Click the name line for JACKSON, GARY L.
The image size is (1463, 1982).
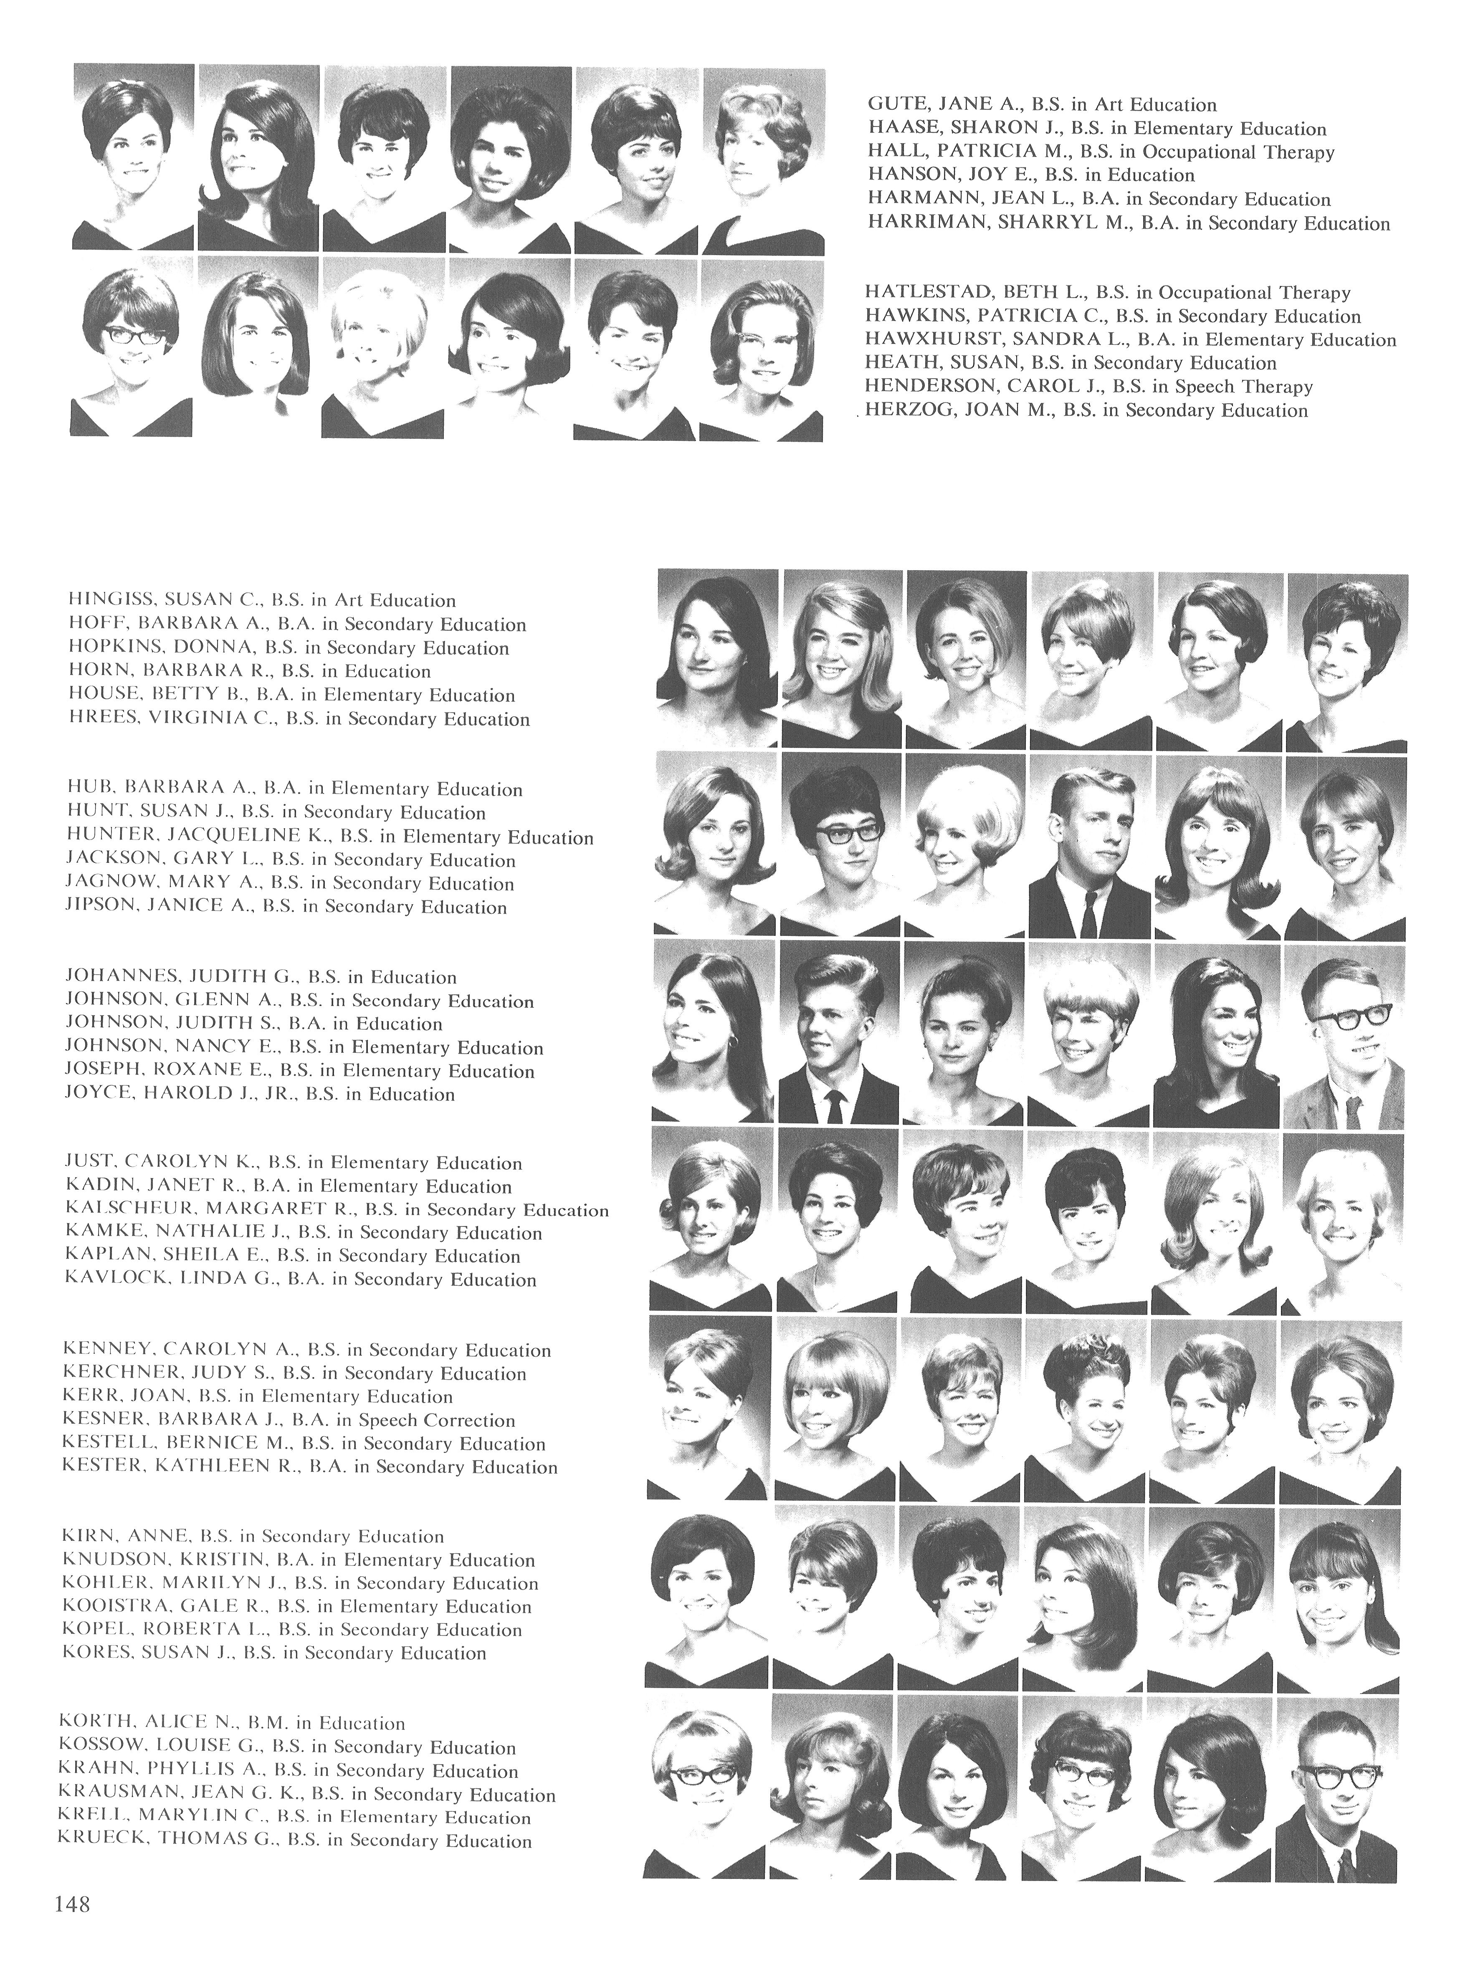click(291, 860)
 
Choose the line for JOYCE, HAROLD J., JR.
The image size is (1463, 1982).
click(259, 1094)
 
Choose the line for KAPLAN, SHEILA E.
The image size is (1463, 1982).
click(292, 1256)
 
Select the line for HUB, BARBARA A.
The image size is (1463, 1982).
click(294, 789)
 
